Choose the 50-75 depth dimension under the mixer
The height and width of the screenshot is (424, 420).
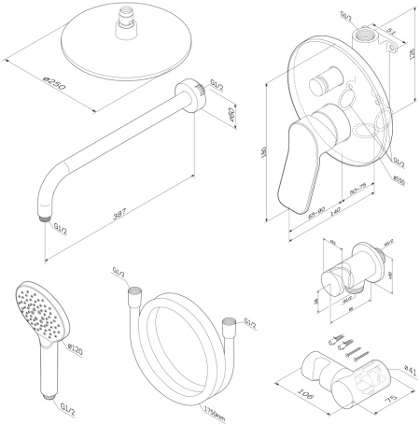click(357, 189)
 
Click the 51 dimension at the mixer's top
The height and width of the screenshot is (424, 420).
click(389, 31)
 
